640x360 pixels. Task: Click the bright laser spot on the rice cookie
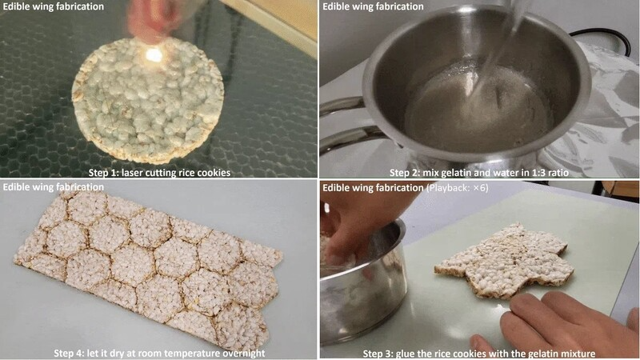click(x=154, y=54)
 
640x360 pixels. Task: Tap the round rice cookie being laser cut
click(x=148, y=99)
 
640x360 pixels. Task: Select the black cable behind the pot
click(x=603, y=38)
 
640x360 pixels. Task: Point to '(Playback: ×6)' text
click(x=457, y=188)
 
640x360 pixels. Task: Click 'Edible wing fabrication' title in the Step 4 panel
click(x=54, y=187)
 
